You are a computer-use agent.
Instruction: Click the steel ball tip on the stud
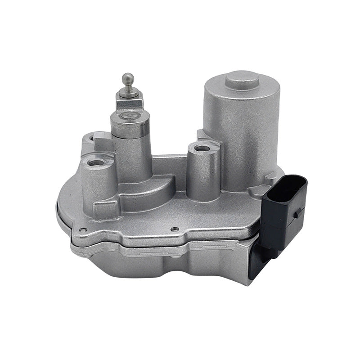tap(128, 78)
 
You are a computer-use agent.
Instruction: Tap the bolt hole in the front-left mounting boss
tap(95, 162)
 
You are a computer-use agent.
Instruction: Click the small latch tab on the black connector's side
tap(299, 212)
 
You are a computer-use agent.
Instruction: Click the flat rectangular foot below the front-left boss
tap(104, 208)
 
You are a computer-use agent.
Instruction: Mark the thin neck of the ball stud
tap(129, 87)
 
